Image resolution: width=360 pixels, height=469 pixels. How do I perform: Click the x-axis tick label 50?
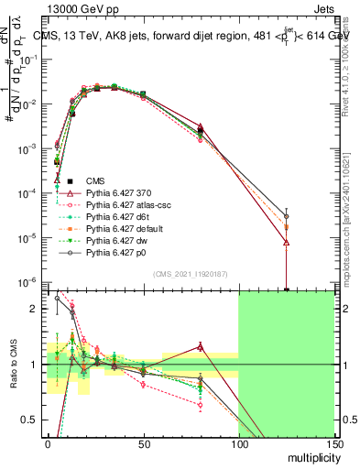click(143, 448)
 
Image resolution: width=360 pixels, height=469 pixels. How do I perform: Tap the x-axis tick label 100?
click(238, 448)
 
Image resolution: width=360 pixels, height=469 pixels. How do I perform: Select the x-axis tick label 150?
click(333, 448)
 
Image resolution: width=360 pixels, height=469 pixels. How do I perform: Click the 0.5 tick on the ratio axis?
click(31, 420)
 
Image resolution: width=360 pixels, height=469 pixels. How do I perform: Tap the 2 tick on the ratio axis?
click(36, 309)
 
